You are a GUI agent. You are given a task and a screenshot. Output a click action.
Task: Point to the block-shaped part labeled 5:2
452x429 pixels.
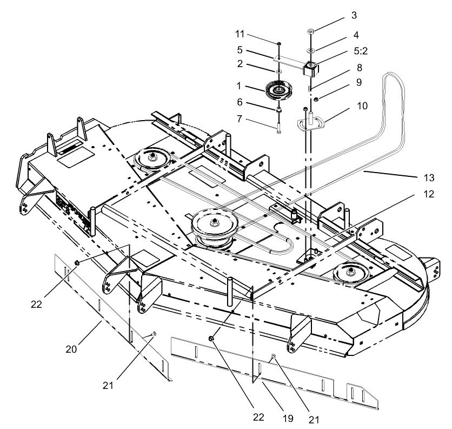310,69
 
